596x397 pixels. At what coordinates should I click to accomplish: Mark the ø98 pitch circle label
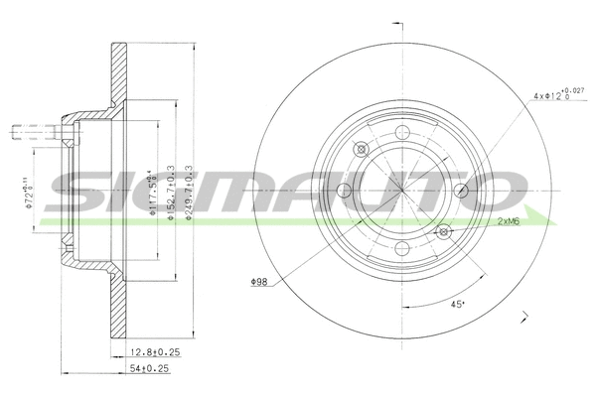261,282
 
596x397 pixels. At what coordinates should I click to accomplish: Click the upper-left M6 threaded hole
361,150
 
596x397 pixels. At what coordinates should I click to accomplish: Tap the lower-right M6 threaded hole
443,233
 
